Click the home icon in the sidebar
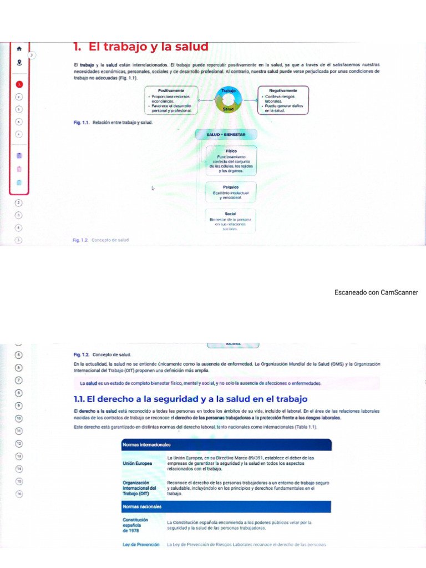tap(19, 49)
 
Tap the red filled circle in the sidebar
tap(19, 84)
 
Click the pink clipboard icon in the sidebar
tap(19, 169)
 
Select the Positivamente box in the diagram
tap(171, 100)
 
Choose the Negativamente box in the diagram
tap(283, 100)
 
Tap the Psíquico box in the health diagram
tap(231, 192)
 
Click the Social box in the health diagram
tap(231, 220)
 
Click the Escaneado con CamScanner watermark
tap(376, 292)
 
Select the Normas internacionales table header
tap(226, 445)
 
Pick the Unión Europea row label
tap(137, 463)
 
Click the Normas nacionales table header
tap(226, 506)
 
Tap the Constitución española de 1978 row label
tap(136, 525)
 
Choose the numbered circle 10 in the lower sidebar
tap(19, 418)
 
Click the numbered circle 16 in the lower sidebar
tap(19, 494)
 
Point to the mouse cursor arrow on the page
tap(153, 189)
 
